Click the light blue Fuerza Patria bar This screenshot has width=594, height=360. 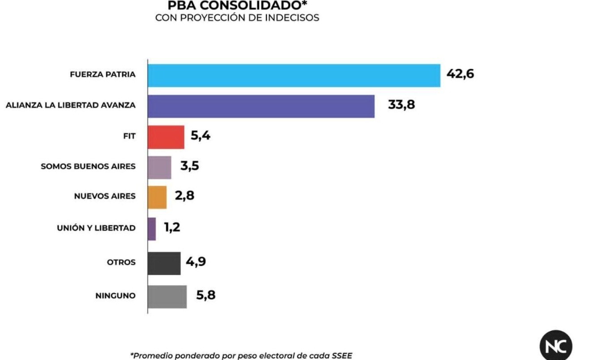[x=294, y=76]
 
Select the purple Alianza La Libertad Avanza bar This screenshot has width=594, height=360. [x=261, y=106]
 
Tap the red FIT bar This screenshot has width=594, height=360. [x=166, y=137]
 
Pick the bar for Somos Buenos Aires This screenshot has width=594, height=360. [x=159, y=167]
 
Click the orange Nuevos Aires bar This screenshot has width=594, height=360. [x=157, y=197]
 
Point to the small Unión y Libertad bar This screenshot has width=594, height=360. [x=152, y=229]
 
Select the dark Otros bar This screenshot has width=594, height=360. [x=164, y=263]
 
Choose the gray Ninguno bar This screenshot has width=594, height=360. [x=167, y=297]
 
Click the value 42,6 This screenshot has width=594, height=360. [x=460, y=74]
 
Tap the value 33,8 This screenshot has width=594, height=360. [x=402, y=104]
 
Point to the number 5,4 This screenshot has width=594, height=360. [x=201, y=136]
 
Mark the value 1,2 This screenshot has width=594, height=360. [x=172, y=227]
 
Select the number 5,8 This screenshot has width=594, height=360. [x=206, y=295]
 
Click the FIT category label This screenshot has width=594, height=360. [x=129, y=136]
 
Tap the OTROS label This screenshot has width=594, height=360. [x=121, y=262]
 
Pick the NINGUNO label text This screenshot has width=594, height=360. [x=115, y=296]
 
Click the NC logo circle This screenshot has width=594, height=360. [x=556, y=345]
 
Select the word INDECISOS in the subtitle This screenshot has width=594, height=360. [x=292, y=18]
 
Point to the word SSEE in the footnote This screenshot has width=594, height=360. [x=342, y=356]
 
